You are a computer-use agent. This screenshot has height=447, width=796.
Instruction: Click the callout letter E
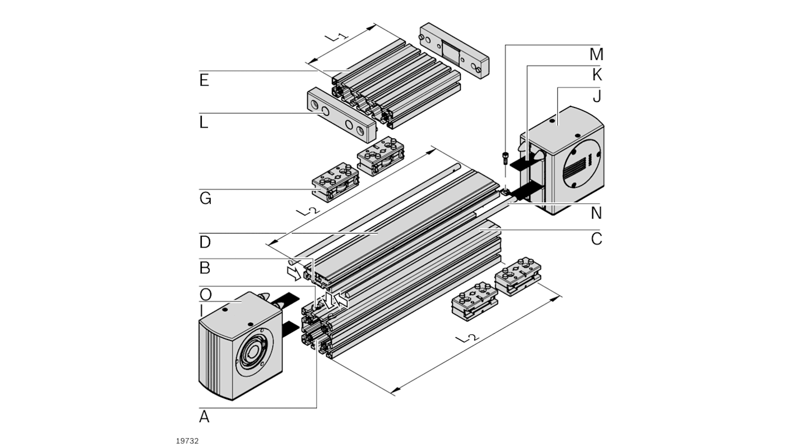(204, 81)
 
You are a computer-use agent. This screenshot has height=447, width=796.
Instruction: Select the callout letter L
(203, 123)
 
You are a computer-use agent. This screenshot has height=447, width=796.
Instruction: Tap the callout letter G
(205, 198)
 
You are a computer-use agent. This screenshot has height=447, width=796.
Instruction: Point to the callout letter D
(205, 243)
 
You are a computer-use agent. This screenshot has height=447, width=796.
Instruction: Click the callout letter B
(205, 268)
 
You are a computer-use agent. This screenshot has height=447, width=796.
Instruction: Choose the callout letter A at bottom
(205, 416)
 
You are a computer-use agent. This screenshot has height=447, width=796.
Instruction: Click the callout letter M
(596, 54)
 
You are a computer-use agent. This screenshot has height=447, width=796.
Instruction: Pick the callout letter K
(596, 75)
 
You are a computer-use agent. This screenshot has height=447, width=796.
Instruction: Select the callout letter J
(596, 96)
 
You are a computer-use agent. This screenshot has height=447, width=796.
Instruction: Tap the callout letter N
(596, 213)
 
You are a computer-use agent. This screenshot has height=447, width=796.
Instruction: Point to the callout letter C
(596, 239)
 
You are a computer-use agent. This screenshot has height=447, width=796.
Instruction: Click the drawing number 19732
(187, 441)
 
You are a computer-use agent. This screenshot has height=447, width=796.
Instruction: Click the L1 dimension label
(338, 38)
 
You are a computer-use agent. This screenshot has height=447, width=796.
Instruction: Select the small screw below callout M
(505, 158)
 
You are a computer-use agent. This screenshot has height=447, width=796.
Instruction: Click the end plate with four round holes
(340, 115)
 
